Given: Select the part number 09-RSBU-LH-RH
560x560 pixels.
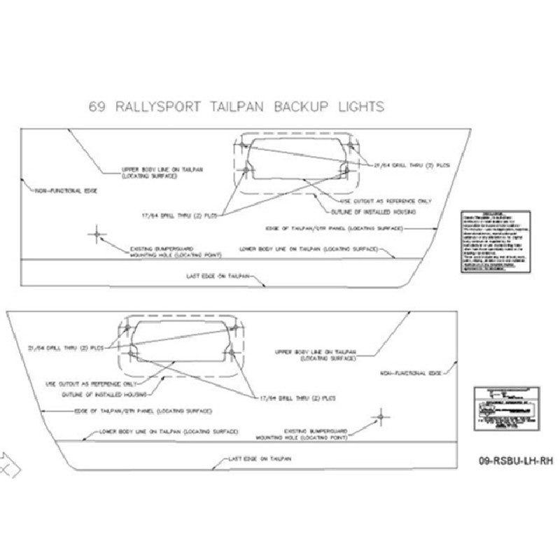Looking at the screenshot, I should click(517, 461).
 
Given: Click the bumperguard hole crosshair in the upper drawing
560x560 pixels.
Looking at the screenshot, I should click(97, 234).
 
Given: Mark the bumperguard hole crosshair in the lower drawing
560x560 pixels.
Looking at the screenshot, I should click(381, 416).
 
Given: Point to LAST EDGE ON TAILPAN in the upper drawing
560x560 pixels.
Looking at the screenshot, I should click(216, 277).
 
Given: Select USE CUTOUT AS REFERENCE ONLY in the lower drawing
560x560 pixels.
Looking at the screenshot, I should click(80, 384).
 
